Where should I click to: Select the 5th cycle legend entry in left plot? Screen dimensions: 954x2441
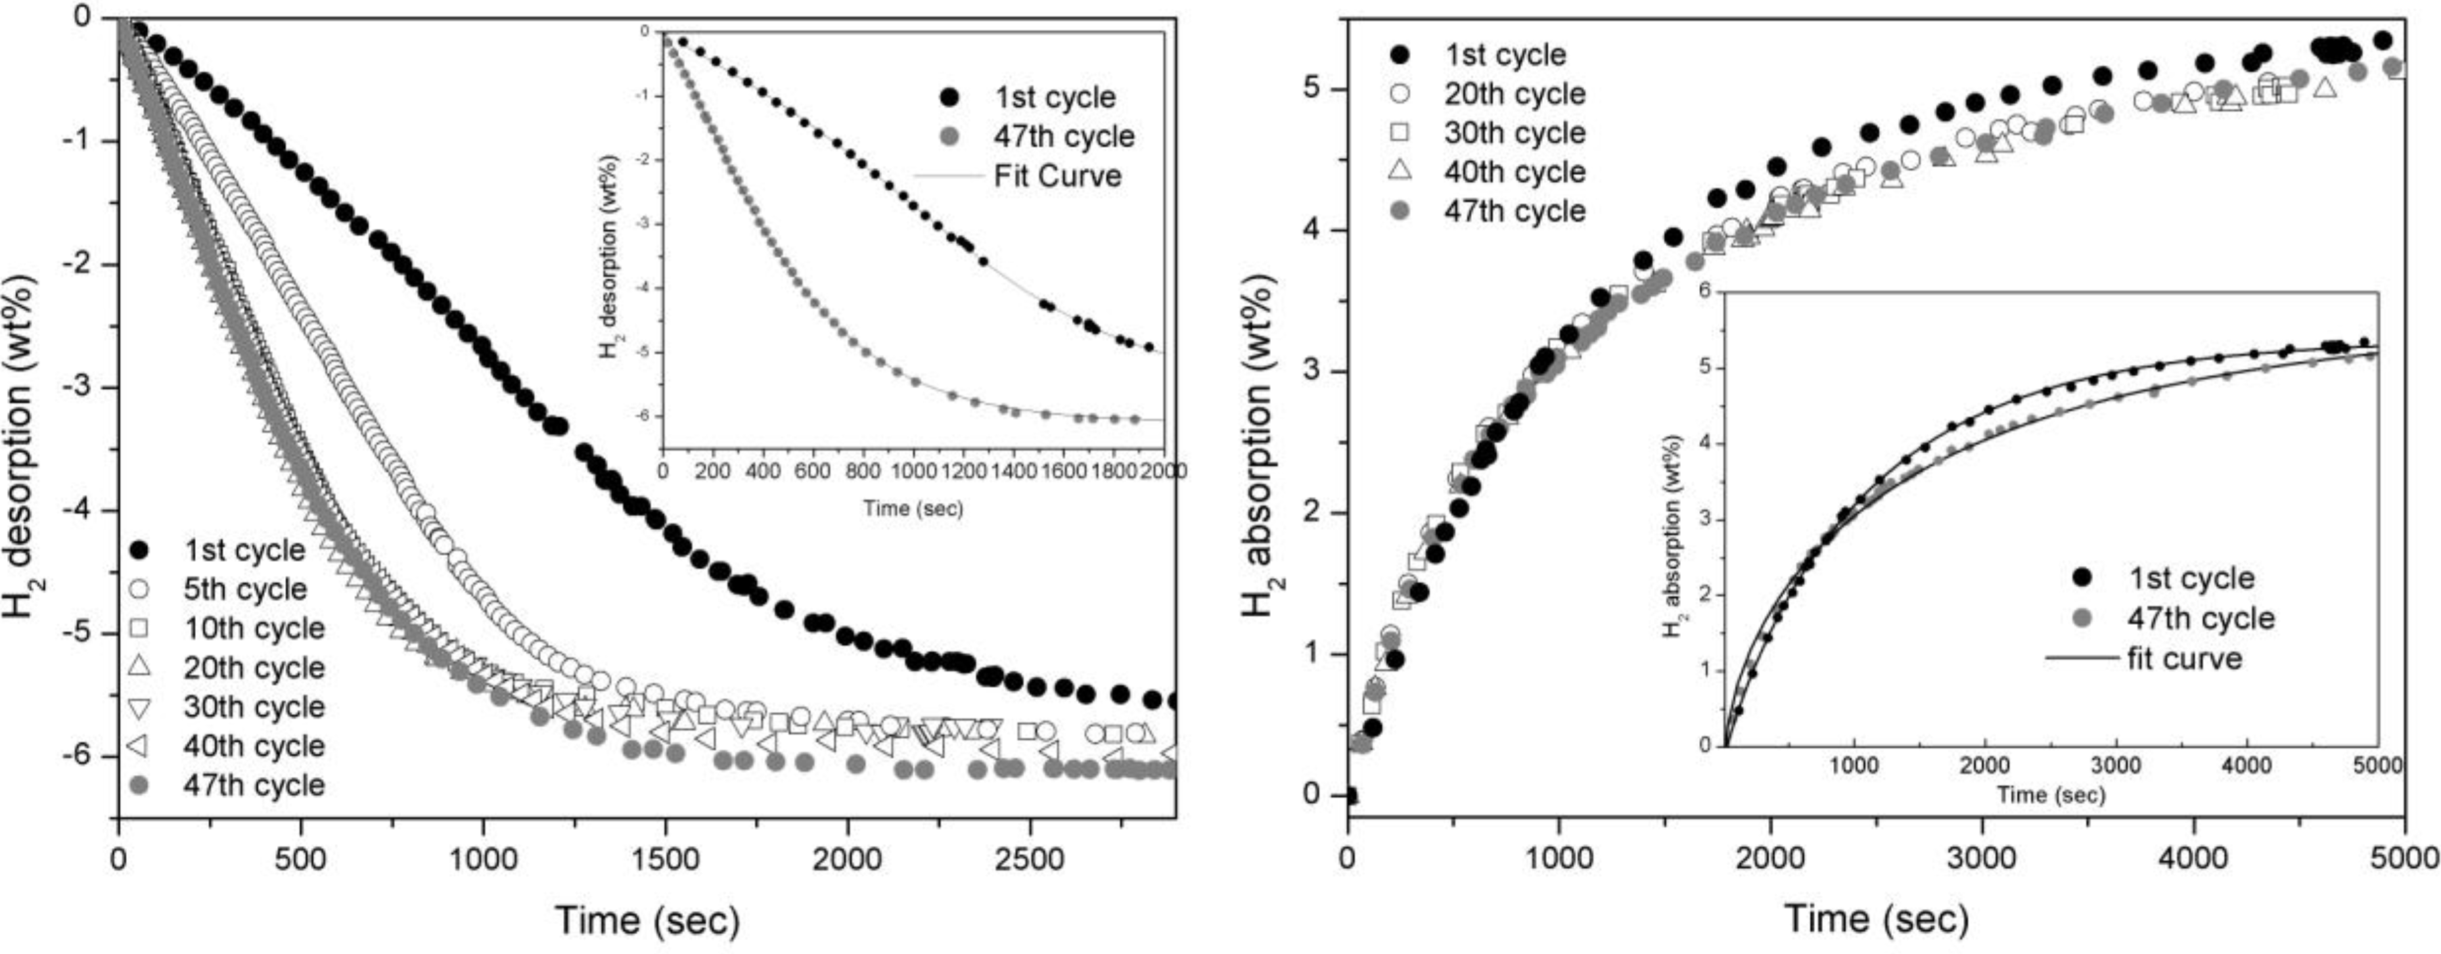(244, 589)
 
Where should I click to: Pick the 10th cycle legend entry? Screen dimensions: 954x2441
(253, 628)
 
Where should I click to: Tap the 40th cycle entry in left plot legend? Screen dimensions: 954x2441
(253, 746)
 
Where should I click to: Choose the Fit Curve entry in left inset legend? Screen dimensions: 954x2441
(1057, 176)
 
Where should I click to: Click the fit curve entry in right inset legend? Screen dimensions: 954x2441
(2184, 658)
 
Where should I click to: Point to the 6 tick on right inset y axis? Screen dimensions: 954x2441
(1706, 292)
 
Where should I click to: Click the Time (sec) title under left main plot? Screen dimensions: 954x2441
(647, 920)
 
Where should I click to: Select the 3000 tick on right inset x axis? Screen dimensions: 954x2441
(2116, 765)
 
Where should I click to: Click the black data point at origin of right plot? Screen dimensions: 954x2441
(1350, 796)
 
